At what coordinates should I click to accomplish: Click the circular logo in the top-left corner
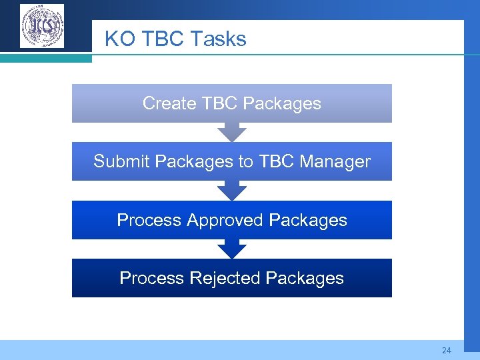(42, 26)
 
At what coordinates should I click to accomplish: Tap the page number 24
(446, 350)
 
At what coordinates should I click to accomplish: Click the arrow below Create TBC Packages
(232, 132)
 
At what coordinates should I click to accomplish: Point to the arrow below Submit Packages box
(232, 190)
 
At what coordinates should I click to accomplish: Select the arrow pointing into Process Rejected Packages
(232, 249)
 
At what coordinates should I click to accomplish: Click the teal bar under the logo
(46, 59)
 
